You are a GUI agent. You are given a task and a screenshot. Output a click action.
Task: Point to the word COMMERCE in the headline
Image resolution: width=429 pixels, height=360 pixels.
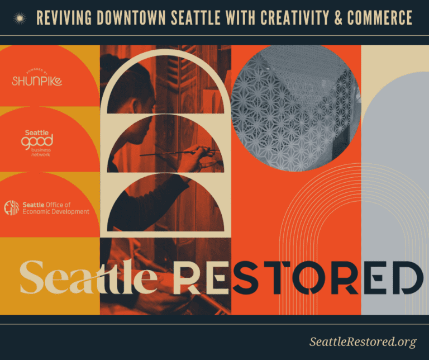coord(380,18)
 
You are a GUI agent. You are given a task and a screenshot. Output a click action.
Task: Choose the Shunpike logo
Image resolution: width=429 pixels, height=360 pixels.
coord(37,80)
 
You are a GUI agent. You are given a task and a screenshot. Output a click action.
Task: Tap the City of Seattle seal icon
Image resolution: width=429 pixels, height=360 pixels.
coord(11,208)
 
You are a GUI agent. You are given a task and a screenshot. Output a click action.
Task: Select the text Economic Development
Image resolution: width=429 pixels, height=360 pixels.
coord(56,212)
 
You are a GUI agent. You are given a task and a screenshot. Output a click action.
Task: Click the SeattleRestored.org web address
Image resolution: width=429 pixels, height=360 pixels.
coord(363,342)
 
